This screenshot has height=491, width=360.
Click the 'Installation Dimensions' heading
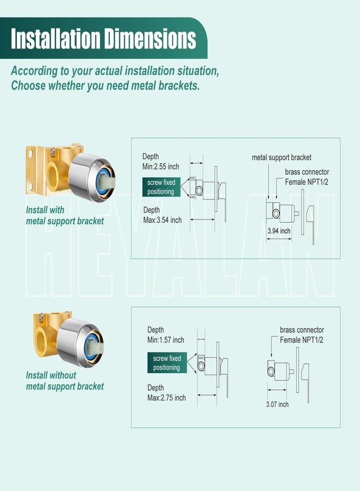(x=103, y=39)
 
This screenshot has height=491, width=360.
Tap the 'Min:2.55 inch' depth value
(x=160, y=166)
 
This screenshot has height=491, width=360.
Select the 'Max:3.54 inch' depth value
(x=162, y=220)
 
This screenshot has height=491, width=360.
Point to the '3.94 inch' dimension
(x=279, y=231)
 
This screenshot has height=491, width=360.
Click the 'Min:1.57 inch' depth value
(x=166, y=340)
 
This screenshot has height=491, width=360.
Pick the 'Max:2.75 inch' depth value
(x=166, y=398)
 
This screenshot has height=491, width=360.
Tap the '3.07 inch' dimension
(x=277, y=404)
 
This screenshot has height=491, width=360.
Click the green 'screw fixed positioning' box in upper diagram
(x=161, y=187)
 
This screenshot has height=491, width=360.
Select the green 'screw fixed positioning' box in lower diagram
(x=167, y=363)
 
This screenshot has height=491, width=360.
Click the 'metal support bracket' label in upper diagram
(x=281, y=158)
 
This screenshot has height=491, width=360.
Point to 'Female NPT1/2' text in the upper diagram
(x=307, y=182)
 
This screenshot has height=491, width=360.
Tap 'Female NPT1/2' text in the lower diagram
(x=302, y=340)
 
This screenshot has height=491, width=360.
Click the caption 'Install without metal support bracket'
(x=65, y=381)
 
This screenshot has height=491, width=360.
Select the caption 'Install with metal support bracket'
(x=65, y=215)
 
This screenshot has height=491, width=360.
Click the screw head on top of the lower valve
(x=41, y=318)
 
